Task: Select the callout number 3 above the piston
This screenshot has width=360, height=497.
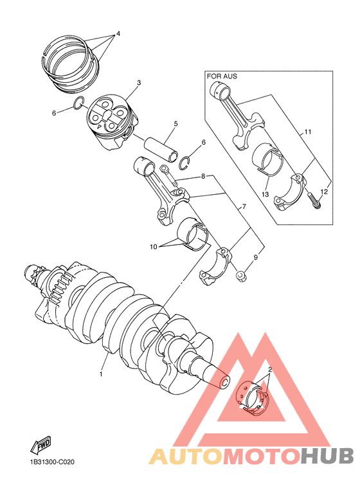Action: (x=138, y=83)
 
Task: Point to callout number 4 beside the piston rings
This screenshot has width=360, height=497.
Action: (x=118, y=33)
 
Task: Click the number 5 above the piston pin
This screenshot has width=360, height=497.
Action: (x=175, y=123)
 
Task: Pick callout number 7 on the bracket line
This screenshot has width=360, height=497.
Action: (x=244, y=208)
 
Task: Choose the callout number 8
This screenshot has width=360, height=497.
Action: (x=203, y=176)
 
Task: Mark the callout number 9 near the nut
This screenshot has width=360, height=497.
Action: (x=255, y=257)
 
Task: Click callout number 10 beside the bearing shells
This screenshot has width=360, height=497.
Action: (x=153, y=246)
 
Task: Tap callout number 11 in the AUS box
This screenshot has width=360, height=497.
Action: (x=308, y=132)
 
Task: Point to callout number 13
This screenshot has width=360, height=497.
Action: (x=265, y=194)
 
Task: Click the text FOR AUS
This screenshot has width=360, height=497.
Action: (x=222, y=76)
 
